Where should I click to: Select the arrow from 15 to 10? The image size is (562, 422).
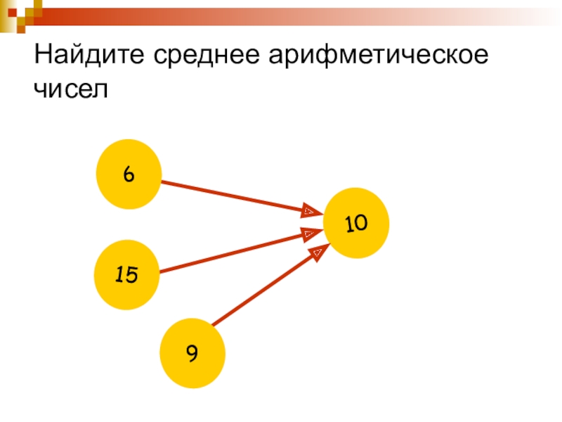click(x=232, y=251)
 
